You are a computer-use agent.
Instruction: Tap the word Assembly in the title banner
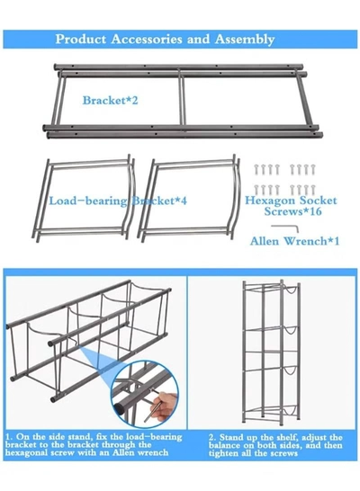pos(245,40)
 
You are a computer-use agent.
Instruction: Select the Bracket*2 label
pos(110,101)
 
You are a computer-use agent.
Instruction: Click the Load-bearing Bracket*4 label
pos(118,201)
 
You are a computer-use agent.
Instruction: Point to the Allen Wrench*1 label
pos(294,241)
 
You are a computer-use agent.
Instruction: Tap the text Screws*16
pos(292,211)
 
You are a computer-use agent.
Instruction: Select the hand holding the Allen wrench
pos(164,406)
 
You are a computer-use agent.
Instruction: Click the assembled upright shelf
pos(271,352)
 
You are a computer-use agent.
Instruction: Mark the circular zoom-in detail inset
pos(144,394)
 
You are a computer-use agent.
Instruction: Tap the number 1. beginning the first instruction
pos(9,437)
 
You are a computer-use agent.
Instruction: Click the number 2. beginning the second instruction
pos(212,437)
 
